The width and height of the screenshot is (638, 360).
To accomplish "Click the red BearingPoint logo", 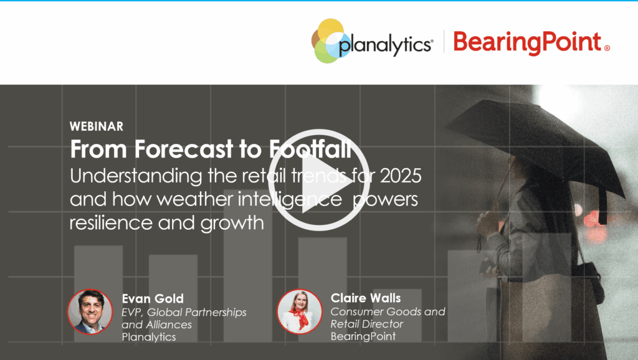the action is (x=531, y=42).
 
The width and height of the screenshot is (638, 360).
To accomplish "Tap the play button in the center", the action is (x=318, y=180).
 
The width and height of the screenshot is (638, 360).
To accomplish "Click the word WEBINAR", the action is (x=97, y=126).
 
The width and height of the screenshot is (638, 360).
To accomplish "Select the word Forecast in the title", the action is (x=184, y=149).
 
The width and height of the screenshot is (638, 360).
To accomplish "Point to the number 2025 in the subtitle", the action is (x=401, y=176).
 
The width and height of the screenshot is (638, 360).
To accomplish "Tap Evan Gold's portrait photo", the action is (x=90, y=311).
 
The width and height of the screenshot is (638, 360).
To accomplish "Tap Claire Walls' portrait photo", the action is (x=300, y=311).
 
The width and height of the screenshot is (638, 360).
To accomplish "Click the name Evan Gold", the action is (x=153, y=298).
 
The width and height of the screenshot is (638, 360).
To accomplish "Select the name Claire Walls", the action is (x=365, y=298).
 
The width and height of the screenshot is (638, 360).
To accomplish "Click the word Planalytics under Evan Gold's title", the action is (x=148, y=337).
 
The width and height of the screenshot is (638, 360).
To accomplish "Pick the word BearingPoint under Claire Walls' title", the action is (x=363, y=336).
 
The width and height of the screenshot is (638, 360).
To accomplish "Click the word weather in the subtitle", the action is (x=194, y=199).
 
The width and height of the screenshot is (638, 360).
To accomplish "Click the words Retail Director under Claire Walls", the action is (x=366, y=324).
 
